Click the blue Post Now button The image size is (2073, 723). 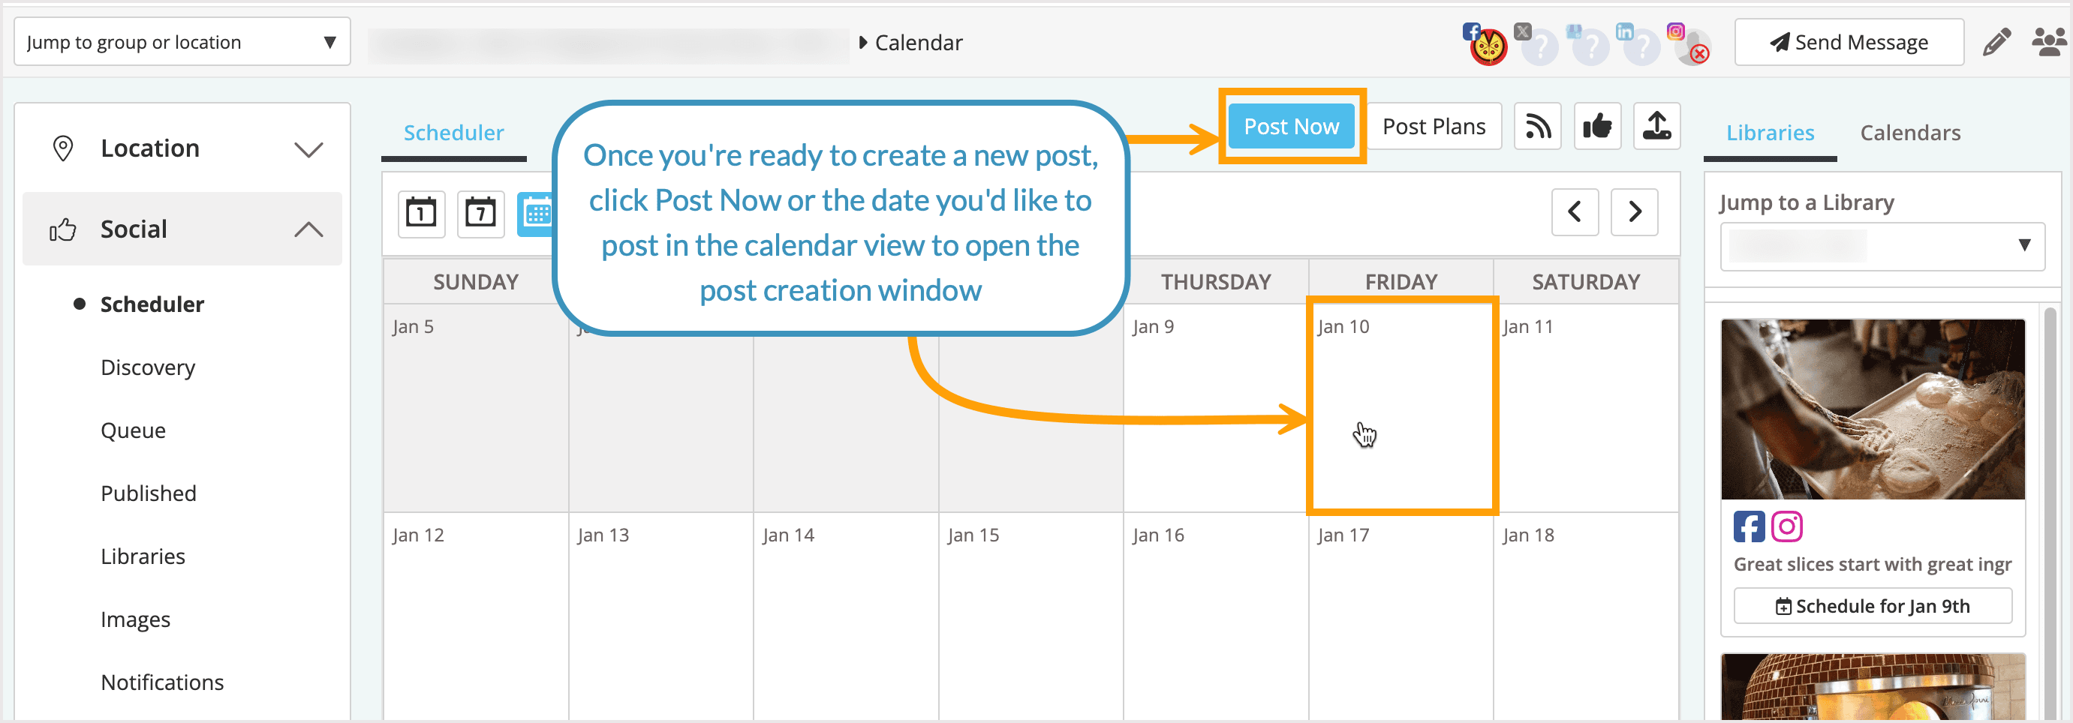[x=1291, y=126]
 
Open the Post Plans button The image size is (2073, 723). [x=1434, y=126]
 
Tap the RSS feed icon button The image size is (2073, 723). [x=1537, y=126]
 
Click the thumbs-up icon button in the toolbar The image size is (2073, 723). [x=1596, y=126]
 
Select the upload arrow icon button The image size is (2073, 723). [x=1656, y=126]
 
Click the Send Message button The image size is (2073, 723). [x=1849, y=42]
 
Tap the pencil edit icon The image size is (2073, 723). [x=1996, y=42]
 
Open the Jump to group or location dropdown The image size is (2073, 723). [x=182, y=42]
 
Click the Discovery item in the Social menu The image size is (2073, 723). [x=148, y=367]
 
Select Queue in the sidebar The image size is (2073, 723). [x=134, y=430]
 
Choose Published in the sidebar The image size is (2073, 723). [x=149, y=493]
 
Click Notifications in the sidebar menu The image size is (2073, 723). [x=163, y=682]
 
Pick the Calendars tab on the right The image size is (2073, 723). [x=1909, y=133]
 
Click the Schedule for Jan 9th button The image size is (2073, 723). [x=1872, y=605]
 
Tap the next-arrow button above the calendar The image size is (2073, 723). [x=1634, y=212]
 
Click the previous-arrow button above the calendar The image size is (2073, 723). [x=1574, y=212]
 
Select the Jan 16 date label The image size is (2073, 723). [x=1158, y=535]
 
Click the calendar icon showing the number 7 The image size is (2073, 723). [x=480, y=213]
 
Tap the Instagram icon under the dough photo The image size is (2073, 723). [x=1786, y=526]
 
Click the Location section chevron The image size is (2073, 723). [x=308, y=149]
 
